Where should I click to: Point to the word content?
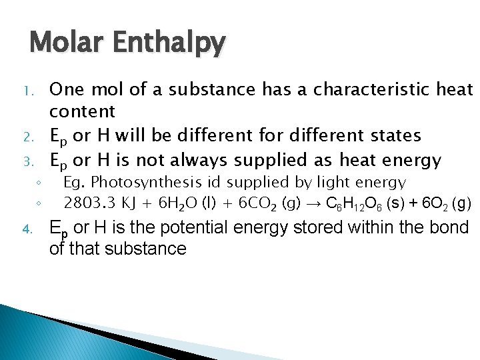tap(83, 111)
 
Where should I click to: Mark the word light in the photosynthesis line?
tap(331, 183)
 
